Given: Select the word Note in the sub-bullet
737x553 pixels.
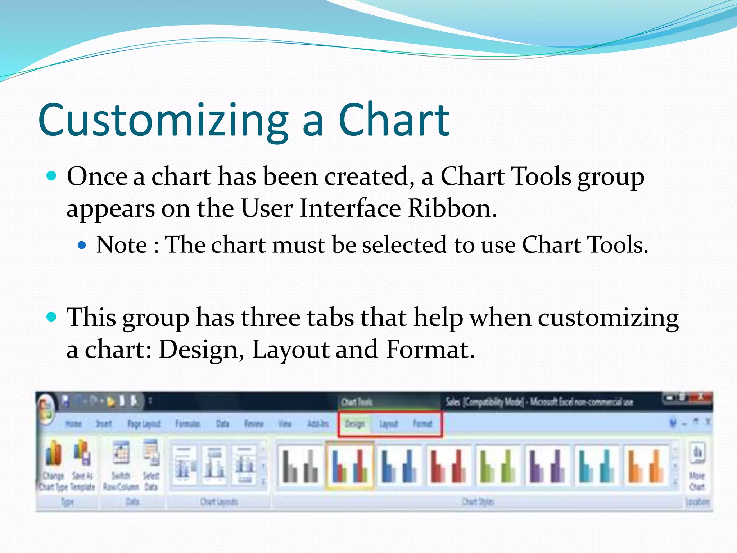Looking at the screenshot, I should pos(122,245).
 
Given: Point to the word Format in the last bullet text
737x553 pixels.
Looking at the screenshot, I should pos(430,349).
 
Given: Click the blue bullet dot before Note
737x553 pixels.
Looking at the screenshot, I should pos(82,246).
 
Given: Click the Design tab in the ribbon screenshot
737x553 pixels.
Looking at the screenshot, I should pos(354,424).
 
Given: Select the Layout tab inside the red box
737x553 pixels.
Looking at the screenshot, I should pos(389,424).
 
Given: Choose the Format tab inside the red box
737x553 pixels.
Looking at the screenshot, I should pos(422,424).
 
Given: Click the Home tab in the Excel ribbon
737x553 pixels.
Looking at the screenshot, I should pos(73,424).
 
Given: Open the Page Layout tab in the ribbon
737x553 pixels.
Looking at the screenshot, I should pos(144,424).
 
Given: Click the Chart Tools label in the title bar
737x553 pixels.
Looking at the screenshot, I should pos(357,402).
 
